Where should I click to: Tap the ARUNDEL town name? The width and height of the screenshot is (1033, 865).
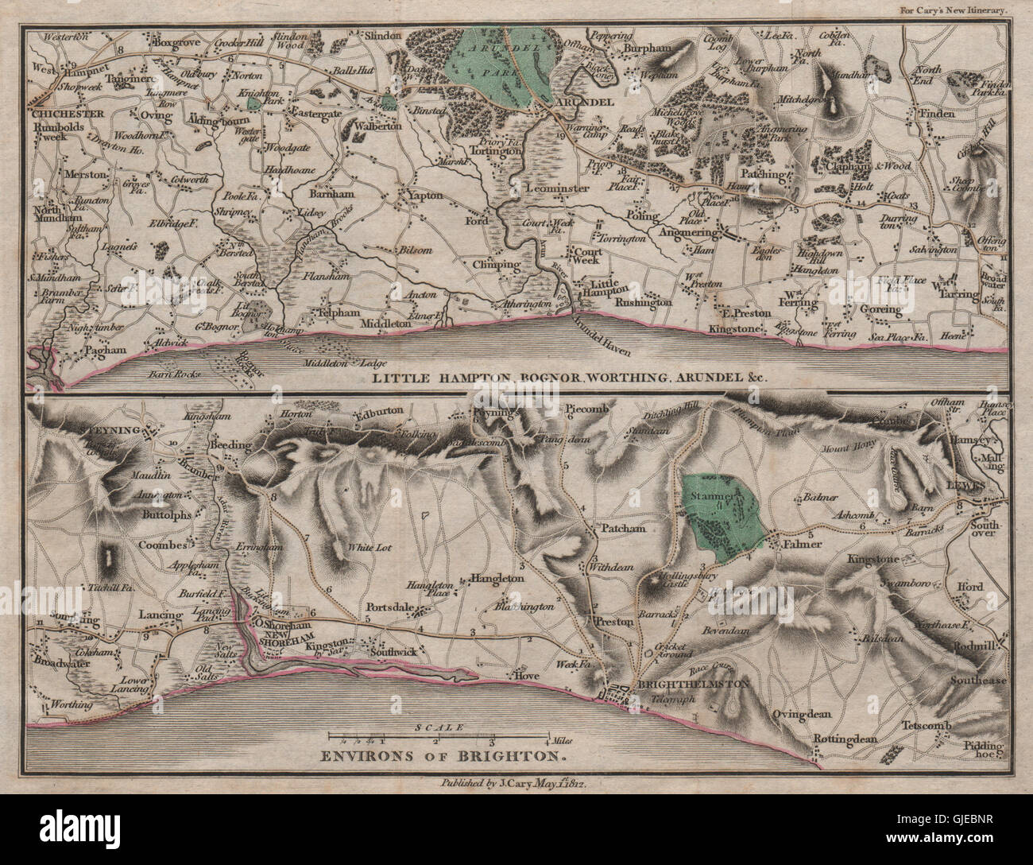(586, 104)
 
